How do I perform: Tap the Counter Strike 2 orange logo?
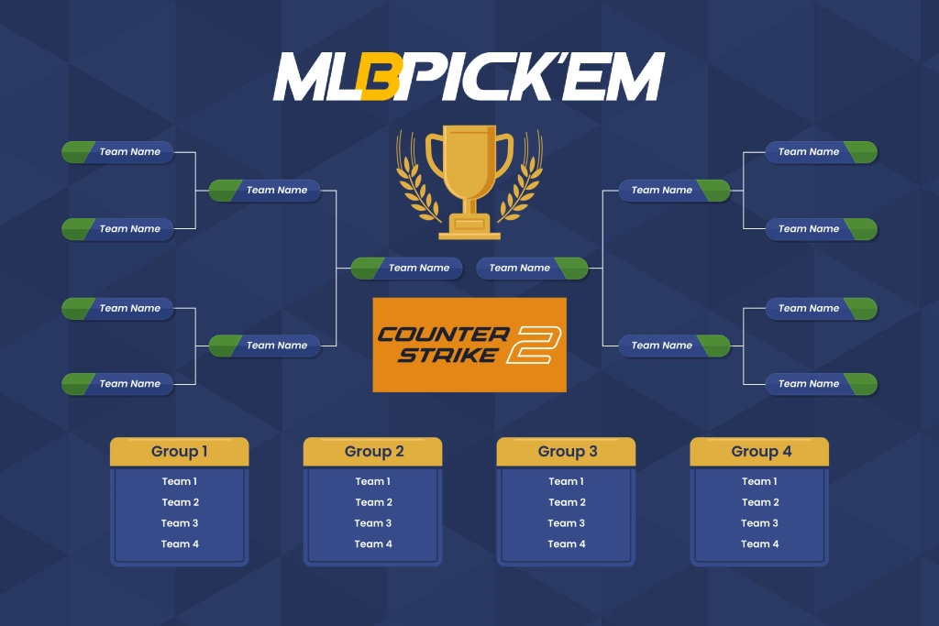[x=469, y=345]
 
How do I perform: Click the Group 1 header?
[x=180, y=451]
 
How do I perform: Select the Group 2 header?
[x=373, y=451]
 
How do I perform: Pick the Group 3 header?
[x=567, y=451]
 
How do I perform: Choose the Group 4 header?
[x=760, y=451]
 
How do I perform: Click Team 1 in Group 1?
[x=180, y=481]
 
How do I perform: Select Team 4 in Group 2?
[x=373, y=544]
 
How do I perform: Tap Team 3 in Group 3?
[x=567, y=523]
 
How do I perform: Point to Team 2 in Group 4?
[x=760, y=502]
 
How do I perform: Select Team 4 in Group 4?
[x=760, y=544]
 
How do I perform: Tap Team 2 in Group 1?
[x=180, y=502]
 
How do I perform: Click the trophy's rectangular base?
[x=469, y=226]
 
